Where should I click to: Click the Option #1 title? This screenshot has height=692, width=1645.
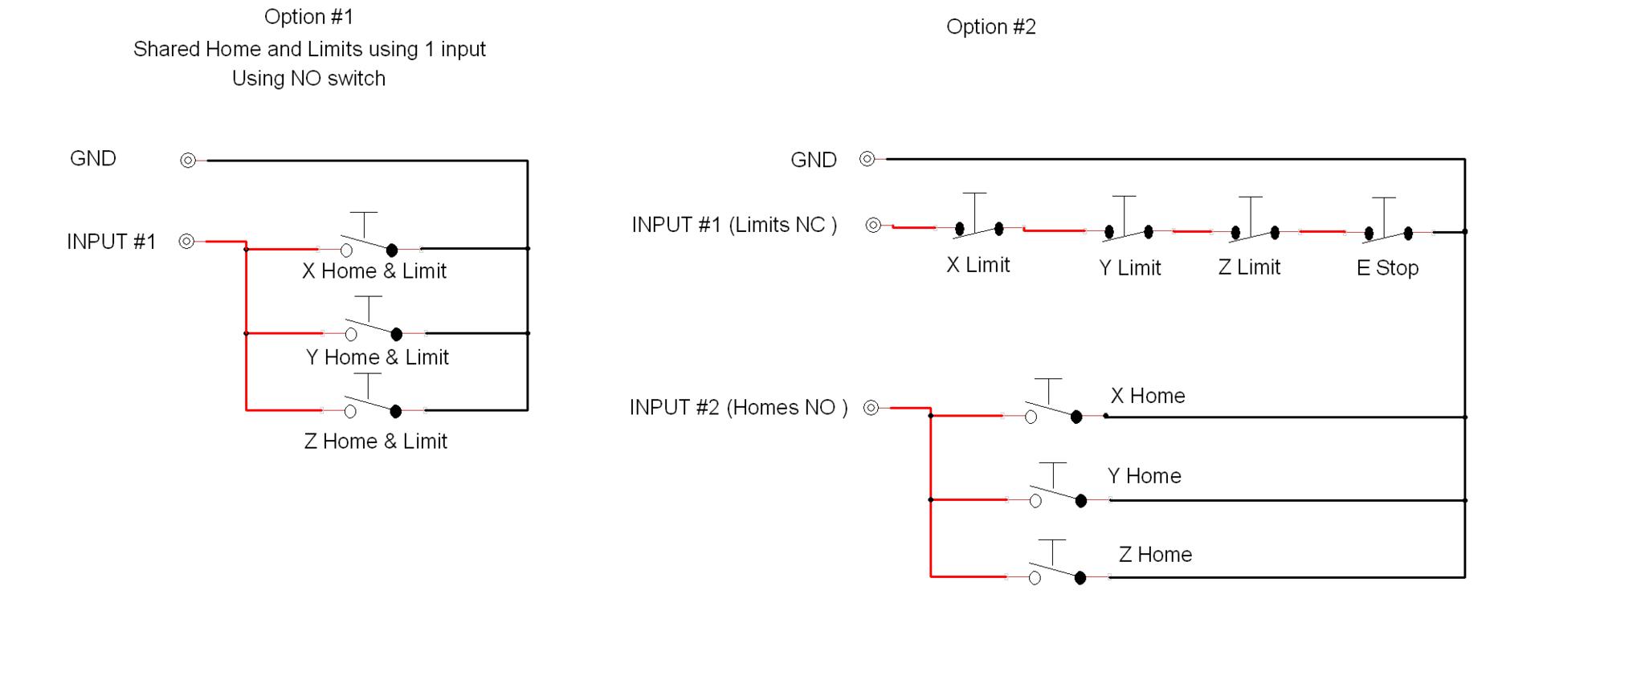(308, 17)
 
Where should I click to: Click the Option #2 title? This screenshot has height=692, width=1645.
(990, 26)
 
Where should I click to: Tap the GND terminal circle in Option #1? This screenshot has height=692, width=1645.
(188, 161)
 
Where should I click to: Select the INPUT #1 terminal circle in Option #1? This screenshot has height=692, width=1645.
(186, 241)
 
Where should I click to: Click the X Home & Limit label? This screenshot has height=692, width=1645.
(373, 271)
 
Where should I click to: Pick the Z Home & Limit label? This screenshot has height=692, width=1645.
(375, 442)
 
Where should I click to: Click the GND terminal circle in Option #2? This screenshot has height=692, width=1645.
(867, 159)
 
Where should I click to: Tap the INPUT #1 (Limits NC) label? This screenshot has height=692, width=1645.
(734, 225)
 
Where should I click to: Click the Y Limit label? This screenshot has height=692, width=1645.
(1129, 268)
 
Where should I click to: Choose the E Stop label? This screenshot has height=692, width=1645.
(1387, 268)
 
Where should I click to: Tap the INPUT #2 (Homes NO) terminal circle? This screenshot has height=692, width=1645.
(871, 408)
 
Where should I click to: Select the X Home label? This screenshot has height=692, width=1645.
(1147, 396)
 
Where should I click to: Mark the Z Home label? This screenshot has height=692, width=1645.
(1155, 555)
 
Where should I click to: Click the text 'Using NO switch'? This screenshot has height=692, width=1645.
(308, 79)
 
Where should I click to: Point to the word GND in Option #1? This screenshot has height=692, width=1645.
(93, 158)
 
